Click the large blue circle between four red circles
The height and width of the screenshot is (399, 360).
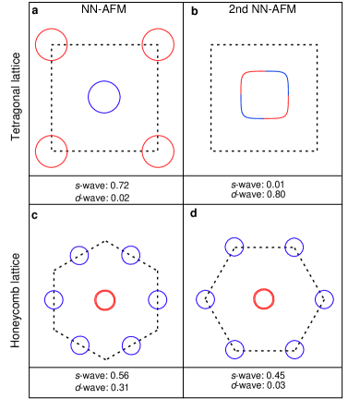click(104, 97)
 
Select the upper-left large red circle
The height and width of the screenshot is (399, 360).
click(52, 44)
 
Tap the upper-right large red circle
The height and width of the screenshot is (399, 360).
click(158, 44)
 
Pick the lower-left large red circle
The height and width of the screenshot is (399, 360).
click(52, 151)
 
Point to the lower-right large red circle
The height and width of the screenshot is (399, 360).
click(158, 151)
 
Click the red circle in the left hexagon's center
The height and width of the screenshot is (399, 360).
click(105, 300)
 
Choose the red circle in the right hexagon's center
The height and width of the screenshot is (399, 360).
click(264, 298)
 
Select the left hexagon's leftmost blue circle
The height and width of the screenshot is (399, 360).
click(54, 299)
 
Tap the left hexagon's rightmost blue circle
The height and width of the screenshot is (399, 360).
click(158, 299)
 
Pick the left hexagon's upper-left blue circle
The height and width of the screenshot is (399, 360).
click(79, 255)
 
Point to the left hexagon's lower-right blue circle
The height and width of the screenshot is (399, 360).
click(131, 345)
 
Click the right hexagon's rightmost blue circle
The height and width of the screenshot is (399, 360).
click(324, 299)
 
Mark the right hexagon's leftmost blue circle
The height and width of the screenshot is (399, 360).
click(206, 299)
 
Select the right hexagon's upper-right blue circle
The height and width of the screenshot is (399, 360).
click(294, 247)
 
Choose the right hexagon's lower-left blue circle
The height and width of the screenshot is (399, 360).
click(234, 349)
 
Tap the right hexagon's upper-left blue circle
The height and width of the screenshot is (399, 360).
click(234, 247)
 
